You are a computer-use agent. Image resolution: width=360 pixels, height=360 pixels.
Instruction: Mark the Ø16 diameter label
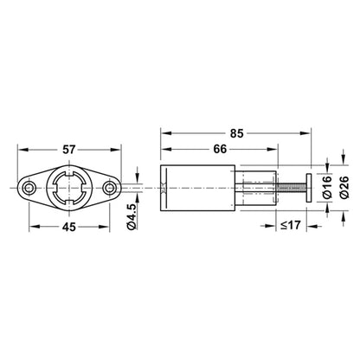pyautogui.click(x=329, y=190)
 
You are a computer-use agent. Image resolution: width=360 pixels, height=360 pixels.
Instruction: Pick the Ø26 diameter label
pyautogui.click(x=344, y=190)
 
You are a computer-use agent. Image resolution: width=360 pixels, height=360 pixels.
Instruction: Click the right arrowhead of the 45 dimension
pyautogui.click(x=108, y=227)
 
